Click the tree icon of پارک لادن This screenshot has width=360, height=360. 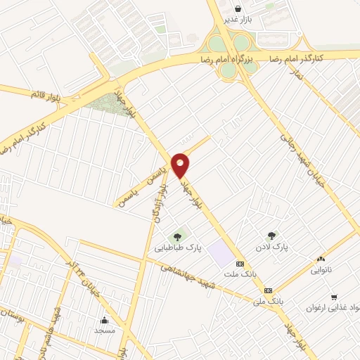[271, 236]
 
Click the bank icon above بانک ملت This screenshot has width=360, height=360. [241, 264]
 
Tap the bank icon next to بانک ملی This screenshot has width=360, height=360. [268, 290]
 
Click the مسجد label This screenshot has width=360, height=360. [107, 329]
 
